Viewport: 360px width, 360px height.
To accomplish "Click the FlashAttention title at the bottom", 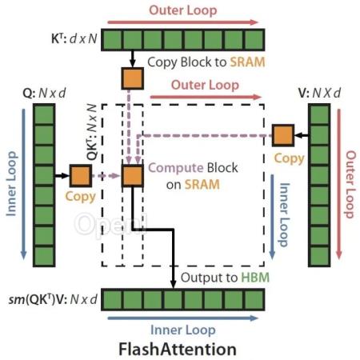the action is click(178, 349).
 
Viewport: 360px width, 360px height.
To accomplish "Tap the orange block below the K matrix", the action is click(133, 78).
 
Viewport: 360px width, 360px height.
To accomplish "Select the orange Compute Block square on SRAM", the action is click(133, 176).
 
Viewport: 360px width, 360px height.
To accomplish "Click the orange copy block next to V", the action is click(283, 135).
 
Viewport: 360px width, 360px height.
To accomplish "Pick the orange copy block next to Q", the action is click(81, 175).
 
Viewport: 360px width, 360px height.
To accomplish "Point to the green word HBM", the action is click(255, 278).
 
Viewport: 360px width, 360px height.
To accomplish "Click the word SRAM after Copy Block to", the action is click(247, 62).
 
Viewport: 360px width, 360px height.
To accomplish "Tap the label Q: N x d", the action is click(44, 93).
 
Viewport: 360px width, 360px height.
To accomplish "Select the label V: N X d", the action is click(319, 93).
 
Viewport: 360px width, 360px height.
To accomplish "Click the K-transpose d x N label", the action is click(74, 39).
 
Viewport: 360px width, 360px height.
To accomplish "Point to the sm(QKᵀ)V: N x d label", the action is click(53, 299).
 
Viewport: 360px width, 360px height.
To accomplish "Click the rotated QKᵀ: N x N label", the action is click(92, 132).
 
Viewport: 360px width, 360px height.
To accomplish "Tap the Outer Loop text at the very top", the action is click(183, 10).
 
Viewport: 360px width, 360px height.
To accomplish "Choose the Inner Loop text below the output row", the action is click(183, 330).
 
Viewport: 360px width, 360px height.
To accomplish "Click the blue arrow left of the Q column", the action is click(23, 184).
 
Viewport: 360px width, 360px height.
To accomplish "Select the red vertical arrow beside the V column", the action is click(339, 184).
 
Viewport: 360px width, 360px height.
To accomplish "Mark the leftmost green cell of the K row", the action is click(112, 40).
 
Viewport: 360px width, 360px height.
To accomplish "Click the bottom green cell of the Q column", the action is click(44, 256).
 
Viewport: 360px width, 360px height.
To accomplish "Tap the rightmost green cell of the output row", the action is click(254, 299).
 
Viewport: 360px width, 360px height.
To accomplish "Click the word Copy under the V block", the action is click(289, 158).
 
